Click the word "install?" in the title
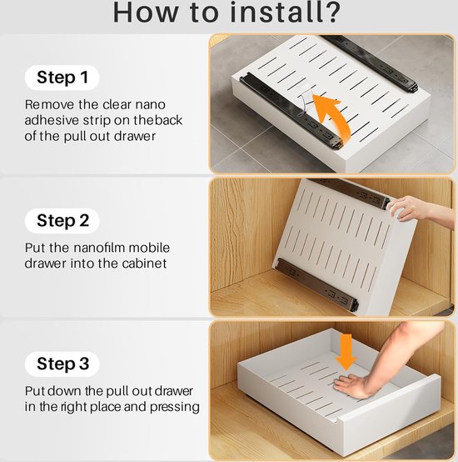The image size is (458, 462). (285, 13)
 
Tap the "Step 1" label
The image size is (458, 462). (62, 78)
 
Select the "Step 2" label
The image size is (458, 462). (62, 221)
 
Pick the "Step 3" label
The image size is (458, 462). (62, 364)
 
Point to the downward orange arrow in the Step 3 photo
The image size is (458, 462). (346, 352)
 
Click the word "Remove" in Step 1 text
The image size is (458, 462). (49, 104)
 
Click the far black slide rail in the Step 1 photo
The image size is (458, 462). (372, 63)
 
